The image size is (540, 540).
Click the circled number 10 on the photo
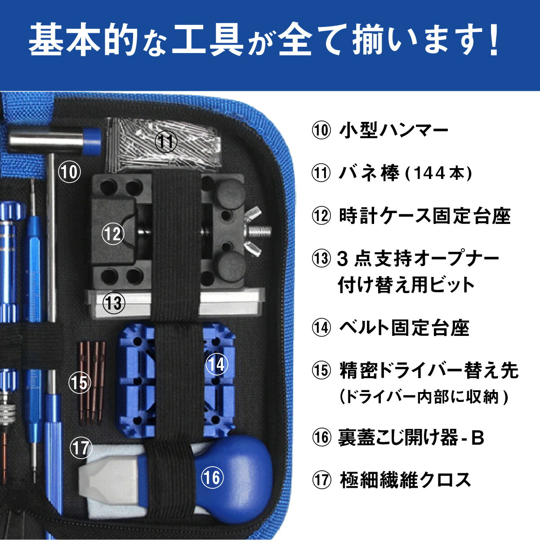(70, 172)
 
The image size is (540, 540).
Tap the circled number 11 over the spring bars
(166, 142)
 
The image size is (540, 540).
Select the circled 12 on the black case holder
(113, 233)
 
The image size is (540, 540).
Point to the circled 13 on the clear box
(114, 303)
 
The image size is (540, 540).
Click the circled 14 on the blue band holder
(217, 364)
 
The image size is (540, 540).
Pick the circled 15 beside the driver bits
(80, 383)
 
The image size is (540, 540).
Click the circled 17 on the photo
(81, 447)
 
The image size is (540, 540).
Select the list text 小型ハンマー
(393, 131)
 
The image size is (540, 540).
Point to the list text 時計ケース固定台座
(424, 216)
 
